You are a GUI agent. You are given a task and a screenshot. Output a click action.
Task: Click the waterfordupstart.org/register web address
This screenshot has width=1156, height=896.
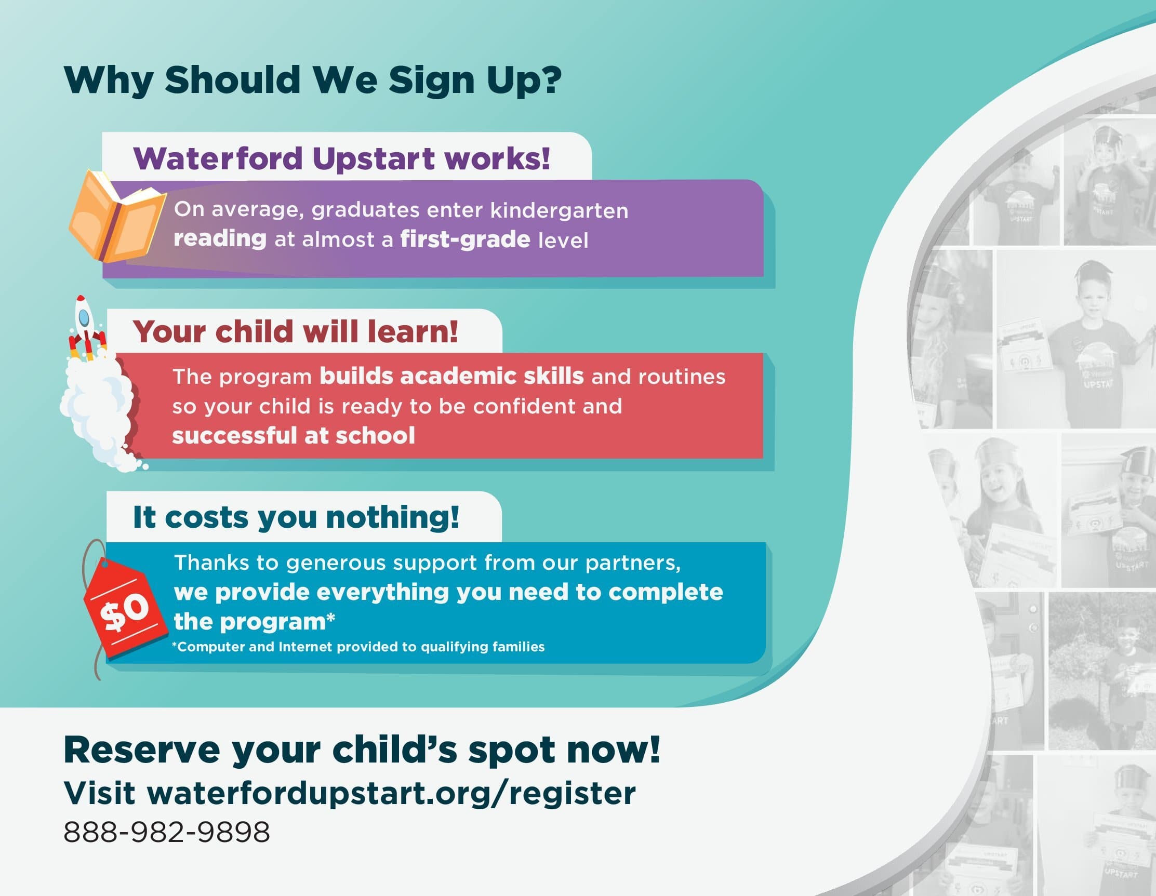coord(391,793)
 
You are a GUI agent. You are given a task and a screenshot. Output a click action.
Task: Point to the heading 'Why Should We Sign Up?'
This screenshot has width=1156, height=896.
coord(312,81)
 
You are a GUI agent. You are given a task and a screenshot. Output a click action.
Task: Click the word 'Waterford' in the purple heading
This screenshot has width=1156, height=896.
coord(218,158)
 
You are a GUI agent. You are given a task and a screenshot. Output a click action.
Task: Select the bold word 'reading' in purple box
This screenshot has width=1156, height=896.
coord(220,239)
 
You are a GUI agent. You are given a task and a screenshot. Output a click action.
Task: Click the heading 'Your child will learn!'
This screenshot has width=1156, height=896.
coord(295,331)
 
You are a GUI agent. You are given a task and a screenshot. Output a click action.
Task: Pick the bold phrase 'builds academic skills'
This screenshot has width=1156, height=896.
coord(451,376)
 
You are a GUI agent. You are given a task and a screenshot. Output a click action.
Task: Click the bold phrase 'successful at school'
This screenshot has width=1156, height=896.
coord(294,436)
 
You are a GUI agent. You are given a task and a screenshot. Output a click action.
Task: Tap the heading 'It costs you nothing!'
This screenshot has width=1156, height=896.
coord(296,517)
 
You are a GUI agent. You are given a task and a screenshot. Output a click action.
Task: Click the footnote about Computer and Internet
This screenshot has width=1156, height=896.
coord(358,647)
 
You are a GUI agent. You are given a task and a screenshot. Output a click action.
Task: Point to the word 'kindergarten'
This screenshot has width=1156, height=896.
coord(560,211)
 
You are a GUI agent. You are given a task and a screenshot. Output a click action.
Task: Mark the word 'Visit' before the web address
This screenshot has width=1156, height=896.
coord(100,793)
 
